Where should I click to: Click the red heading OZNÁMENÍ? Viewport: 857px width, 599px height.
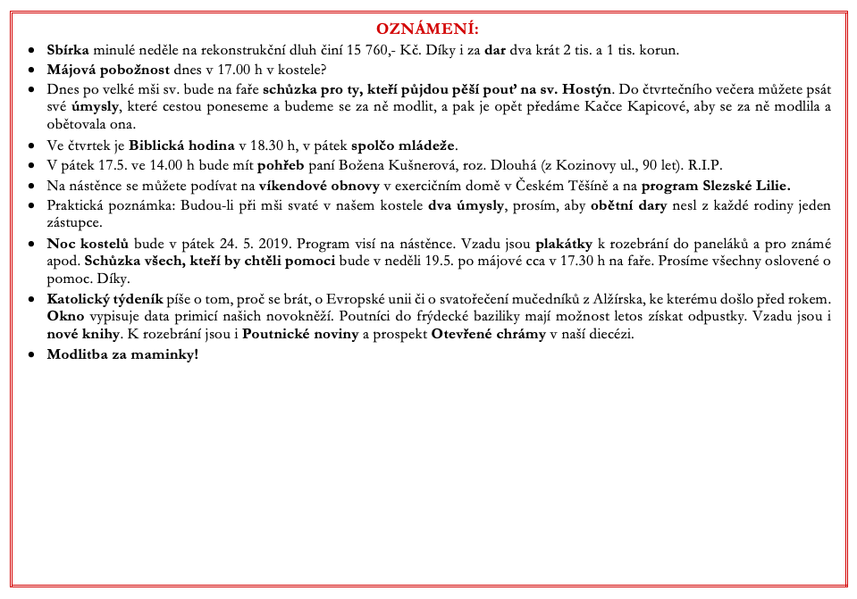pyautogui.click(x=427, y=29)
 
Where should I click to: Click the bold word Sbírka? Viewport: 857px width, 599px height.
pyautogui.click(x=68, y=49)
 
